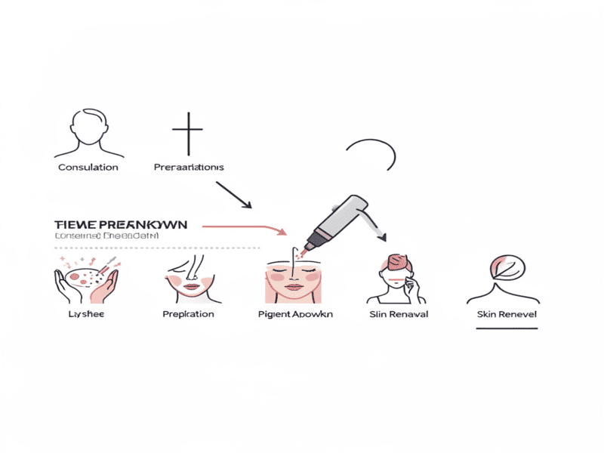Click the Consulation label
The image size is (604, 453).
[x=88, y=167]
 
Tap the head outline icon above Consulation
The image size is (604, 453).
[x=88, y=129]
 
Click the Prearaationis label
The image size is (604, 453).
[x=189, y=167]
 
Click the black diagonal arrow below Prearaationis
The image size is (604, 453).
[x=233, y=194]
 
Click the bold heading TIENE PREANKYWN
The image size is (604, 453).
[x=121, y=225]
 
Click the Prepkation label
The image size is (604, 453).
[x=188, y=313]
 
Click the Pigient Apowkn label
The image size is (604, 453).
[x=295, y=313]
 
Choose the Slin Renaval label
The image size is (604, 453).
[x=397, y=313]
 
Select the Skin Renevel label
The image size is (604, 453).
[x=501, y=313]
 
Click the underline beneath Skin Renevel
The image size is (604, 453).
[x=501, y=328]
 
